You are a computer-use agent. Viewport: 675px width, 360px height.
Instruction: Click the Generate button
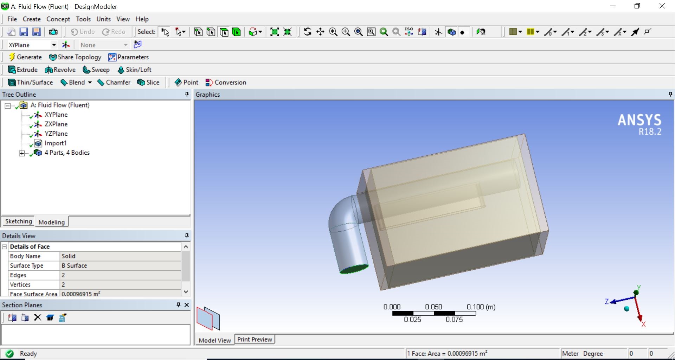(25, 57)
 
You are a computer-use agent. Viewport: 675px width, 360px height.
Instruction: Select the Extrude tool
(23, 70)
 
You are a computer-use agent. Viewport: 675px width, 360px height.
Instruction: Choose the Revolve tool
(60, 70)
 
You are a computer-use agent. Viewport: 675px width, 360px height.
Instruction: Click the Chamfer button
(114, 82)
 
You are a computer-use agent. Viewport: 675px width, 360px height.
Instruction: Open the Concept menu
(58, 19)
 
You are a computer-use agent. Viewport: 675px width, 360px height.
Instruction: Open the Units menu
(103, 19)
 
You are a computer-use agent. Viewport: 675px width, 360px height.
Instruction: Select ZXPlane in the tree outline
(56, 124)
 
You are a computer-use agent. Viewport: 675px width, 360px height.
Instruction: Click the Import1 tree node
(55, 143)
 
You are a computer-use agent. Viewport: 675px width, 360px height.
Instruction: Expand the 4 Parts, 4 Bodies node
(22, 153)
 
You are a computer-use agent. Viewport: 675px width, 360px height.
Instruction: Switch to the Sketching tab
(18, 221)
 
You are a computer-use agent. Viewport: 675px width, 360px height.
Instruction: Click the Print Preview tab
(255, 339)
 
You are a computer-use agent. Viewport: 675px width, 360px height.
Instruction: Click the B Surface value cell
(120, 265)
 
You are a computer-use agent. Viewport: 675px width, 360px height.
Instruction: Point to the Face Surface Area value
(120, 294)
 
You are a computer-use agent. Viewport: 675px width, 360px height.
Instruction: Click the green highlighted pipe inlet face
(354, 269)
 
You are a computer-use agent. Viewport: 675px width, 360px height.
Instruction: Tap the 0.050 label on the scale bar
(433, 307)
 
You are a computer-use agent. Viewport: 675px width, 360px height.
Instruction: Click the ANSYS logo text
(639, 120)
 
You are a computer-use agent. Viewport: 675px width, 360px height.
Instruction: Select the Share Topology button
(75, 57)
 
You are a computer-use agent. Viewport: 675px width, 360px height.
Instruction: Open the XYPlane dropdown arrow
(54, 45)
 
